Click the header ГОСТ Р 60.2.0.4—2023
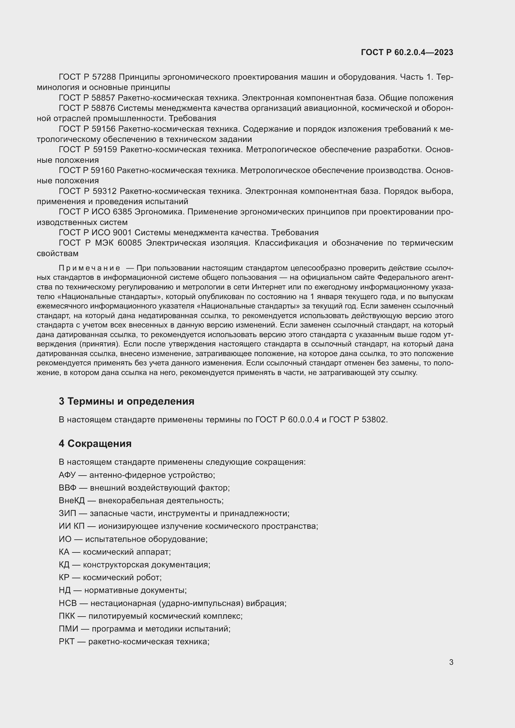point(407,52)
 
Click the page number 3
point(451,662)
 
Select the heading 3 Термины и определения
point(126,402)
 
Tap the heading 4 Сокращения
point(95,444)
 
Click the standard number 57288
point(104,77)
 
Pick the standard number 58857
point(103,98)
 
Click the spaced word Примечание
point(89,268)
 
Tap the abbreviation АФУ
point(67,475)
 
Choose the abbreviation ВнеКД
point(72,501)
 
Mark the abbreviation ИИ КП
point(72,526)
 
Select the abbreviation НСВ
point(68,604)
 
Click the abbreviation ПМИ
point(68,629)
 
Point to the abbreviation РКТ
point(67,642)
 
